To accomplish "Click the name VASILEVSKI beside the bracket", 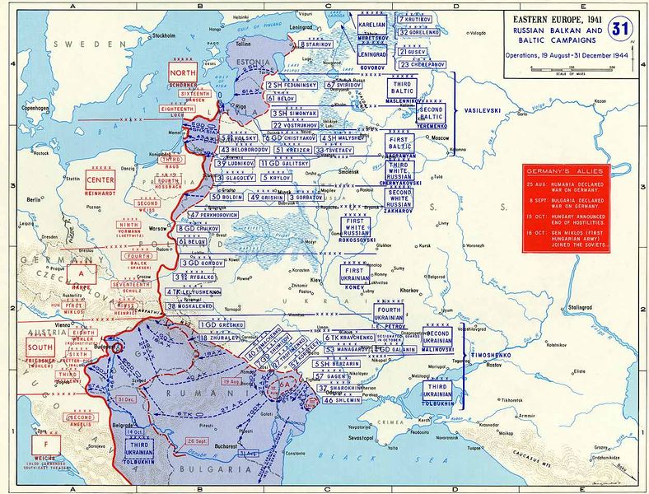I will point(479,109).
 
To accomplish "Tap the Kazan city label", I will point(600,101).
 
